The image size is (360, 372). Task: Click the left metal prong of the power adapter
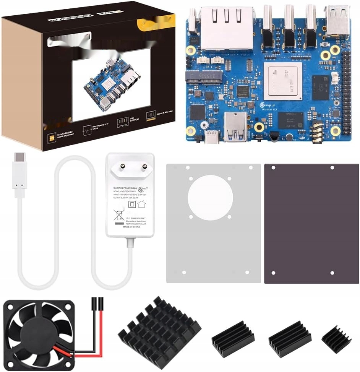pyautogui.click(x=123, y=166)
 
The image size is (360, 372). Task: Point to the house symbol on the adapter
pyautogui.click(x=141, y=204)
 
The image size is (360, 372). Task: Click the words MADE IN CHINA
pyautogui.click(x=131, y=227)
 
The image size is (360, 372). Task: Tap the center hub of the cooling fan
pyautogui.click(x=37, y=333)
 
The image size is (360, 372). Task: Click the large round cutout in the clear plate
pyautogui.click(x=210, y=197)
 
